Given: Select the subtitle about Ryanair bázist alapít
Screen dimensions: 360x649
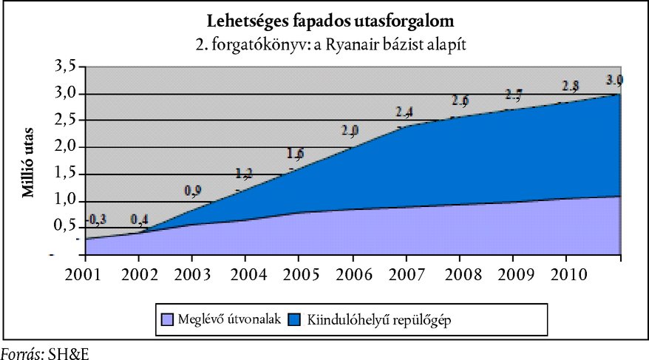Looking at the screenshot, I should (330, 44).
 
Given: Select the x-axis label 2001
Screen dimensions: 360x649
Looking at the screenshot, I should (84, 274).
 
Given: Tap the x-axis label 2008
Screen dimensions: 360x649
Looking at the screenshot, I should (460, 274).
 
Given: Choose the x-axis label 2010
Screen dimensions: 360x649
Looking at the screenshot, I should (567, 274).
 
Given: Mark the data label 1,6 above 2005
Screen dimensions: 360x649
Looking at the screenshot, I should (296, 154).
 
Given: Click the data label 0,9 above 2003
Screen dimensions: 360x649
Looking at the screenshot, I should (193, 192).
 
